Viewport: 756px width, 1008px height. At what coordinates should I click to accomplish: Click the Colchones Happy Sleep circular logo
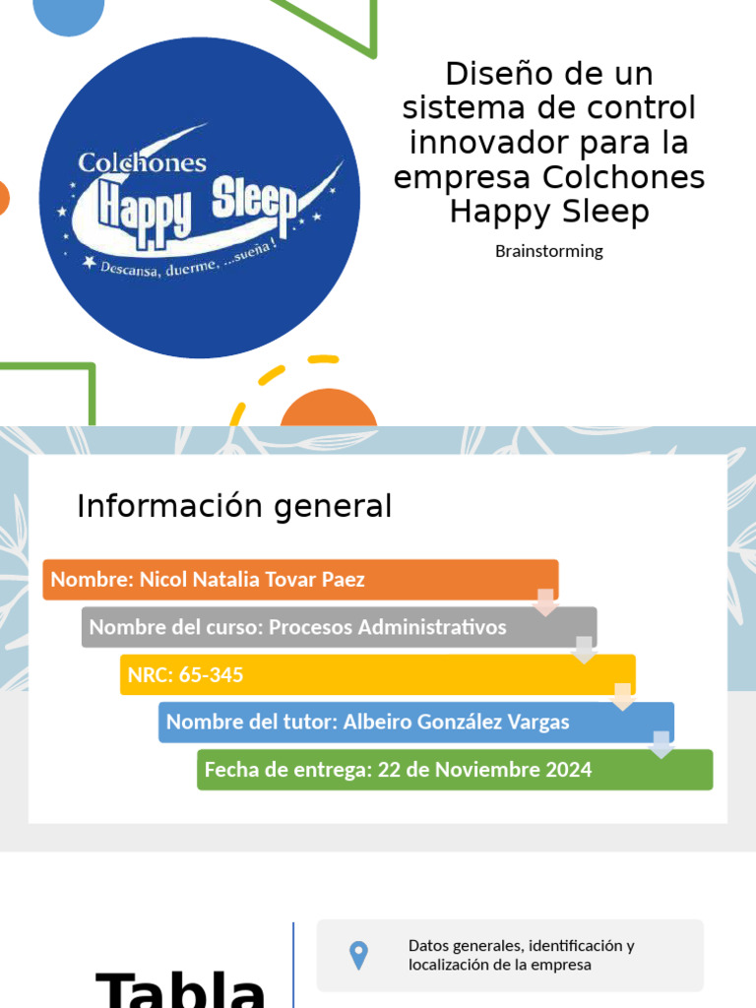(x=200, y=197)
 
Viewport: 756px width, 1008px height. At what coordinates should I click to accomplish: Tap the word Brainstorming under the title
(x=548, y=251)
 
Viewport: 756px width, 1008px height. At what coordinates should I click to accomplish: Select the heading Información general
(x=234, y=506)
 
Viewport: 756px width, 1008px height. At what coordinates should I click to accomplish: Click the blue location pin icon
(x=358, y=955)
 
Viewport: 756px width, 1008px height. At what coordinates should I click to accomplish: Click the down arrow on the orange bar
(x=545, y=601)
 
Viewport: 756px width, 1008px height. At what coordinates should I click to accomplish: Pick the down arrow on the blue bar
(x=661, y=744)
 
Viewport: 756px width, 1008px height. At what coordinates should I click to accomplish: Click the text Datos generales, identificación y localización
(x=521, y=955)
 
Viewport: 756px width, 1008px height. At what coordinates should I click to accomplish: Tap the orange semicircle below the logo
(x=329, y=409)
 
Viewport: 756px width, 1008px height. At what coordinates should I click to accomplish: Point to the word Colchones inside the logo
(x=142, y=162)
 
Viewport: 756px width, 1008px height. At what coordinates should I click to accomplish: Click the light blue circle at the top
(x=69, y=14)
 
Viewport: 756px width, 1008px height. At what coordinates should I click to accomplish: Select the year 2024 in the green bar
(x=572, y=769)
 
